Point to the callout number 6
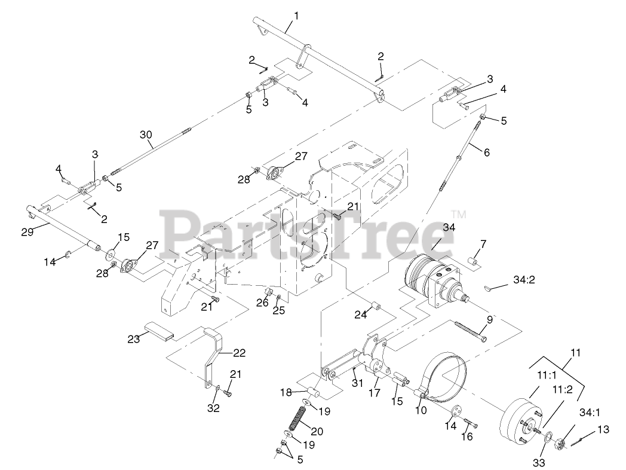point(486,152)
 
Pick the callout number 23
point(133,338)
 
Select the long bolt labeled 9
point(469,331)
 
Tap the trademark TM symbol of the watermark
point(458,213)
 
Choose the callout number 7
point(483,244)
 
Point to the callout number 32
point(213,408)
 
